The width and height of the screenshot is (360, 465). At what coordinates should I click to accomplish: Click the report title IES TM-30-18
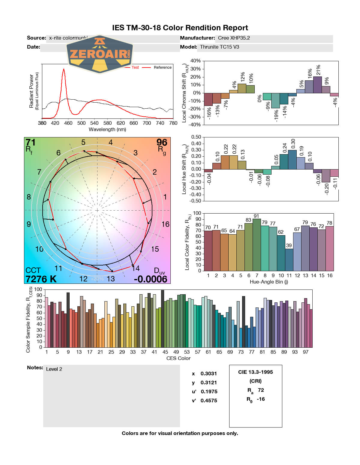tap(180, 28)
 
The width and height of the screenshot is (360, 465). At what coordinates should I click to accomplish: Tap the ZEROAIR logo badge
tap(99, 54)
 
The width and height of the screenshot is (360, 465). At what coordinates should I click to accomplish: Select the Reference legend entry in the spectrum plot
tap(163, 67)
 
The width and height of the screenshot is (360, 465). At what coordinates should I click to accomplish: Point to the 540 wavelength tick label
tap(94, 123)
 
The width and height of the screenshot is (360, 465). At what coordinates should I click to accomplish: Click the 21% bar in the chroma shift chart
tap(317, 85)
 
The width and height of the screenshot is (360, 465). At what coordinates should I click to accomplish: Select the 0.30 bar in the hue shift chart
tap(292, 160)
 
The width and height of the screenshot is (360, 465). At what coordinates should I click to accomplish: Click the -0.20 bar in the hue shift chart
tap(326, 176)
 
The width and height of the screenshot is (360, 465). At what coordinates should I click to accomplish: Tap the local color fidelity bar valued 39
tap(289, 260)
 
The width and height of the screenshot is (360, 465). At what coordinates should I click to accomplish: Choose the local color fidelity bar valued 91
tap(256, 245)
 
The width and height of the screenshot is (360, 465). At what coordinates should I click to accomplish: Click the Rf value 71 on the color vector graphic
tap(31, 142)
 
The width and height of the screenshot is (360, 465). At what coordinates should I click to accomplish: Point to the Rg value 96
tap(162, 142)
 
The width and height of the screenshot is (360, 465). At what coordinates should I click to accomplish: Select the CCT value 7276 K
tap(41, 279)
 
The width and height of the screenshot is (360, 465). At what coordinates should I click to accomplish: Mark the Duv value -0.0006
tap(151, 279)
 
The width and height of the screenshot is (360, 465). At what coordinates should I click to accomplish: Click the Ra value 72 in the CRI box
tap(261, 390)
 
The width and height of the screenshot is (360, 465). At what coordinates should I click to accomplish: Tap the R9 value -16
tap(261, 399)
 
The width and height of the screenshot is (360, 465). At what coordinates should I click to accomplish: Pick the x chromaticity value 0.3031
tap(208, 373)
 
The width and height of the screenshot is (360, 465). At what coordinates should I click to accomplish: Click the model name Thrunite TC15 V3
tap(220, 47)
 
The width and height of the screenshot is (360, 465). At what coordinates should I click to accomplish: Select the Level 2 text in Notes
tap(54, 369)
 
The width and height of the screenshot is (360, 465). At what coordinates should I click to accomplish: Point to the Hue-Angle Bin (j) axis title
tap(269, 282)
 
